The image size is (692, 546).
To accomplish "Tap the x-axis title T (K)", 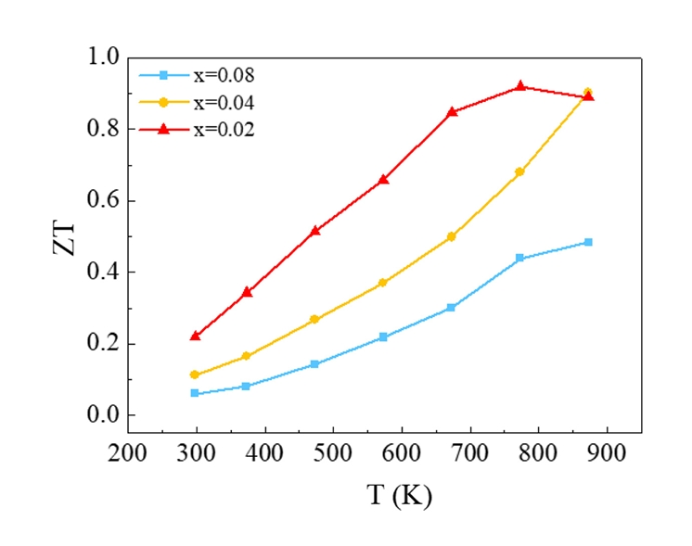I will coord(384,496).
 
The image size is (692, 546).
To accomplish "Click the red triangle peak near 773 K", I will coord(520,86).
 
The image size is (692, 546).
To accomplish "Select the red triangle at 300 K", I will coord(195,336).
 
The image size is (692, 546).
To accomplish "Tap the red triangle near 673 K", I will coord(452,112).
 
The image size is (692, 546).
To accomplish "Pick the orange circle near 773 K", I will coord(519,171).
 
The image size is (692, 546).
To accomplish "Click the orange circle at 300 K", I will coord(195,375).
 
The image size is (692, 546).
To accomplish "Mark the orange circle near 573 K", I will coord(382,283).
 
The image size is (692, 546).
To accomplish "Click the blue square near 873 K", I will coord(588,242).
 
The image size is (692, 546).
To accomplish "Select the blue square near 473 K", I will coord(314,364).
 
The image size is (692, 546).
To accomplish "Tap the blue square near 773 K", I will coord(519,258).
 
